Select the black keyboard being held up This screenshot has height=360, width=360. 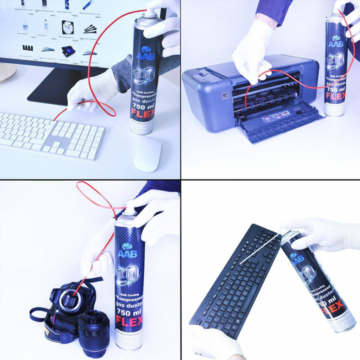(x=235, y=280)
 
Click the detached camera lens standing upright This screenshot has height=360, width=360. (x=93, y=332)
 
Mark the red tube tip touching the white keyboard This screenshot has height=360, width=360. (x=54, y=119)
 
